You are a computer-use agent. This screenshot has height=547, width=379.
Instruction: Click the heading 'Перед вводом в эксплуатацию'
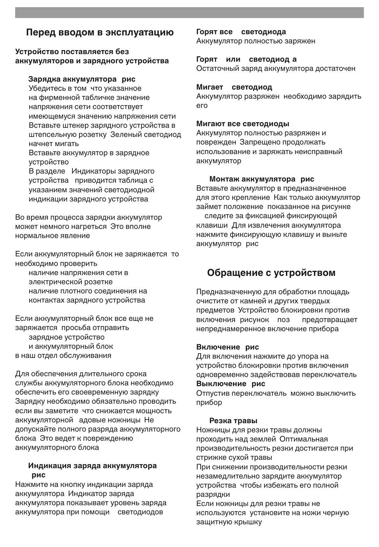[x=100, y=33]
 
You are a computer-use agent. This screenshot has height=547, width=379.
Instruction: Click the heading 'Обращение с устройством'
[x=271, y=273]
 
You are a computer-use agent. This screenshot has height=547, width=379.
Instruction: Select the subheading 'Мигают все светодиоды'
[x=243, y=124]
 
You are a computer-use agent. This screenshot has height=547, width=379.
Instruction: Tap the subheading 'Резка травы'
[x=233, y=421]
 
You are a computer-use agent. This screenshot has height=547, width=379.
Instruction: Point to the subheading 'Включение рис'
[x=227, y=347]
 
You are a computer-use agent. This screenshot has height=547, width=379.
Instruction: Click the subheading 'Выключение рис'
[x=231, y=384]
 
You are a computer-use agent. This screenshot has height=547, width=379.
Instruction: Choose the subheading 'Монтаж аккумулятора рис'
[x=261, y=179]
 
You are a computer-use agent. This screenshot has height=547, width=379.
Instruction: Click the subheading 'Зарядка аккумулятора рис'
[x=82, y=79]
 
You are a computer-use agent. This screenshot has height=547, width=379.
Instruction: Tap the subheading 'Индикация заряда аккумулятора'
[x=92, y=466]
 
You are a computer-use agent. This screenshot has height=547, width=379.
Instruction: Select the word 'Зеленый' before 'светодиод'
[x=124, y=135]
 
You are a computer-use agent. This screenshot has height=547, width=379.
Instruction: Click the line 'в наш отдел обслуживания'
[x=63, y=356]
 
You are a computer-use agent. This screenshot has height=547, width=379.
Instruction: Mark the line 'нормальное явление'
[x=52, y=236]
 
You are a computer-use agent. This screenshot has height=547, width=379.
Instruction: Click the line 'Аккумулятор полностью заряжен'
[x=255, y=41]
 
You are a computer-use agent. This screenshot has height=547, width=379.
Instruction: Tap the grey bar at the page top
[x=189, y=12]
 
